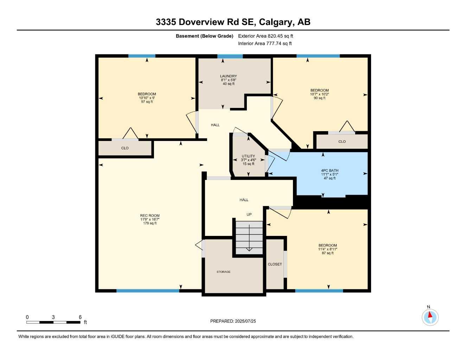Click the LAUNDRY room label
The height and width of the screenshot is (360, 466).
pyautogui.click(x=228, y=76)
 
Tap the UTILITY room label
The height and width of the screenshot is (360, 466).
pyautogui.click(x=248, y=156)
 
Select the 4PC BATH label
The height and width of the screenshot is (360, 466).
pyautogui.click(x=330, y=171)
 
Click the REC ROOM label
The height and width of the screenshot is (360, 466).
pyautogui.click(x=150, y=216)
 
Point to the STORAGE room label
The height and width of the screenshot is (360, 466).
pyautogui.click(x=224, y=272)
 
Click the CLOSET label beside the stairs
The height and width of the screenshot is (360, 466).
pyautogui.click(x=275, y=264)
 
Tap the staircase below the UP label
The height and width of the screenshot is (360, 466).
pyautogui.click(x=249, y=237)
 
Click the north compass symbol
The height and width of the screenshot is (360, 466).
pyautogui.click(x=430, y=317)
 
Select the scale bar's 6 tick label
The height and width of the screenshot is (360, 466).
pyautogui.click(x=80, y=317)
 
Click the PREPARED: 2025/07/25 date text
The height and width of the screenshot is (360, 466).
pyautogui.click(x=233, y=321)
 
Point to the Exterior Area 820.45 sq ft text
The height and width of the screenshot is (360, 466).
pyautogui.click(x=266, y=36)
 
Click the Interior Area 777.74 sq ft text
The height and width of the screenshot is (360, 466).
pyautogui.click(x=265, y=44)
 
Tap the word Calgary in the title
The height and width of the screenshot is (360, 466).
pyautogui.click(x=276, y=22)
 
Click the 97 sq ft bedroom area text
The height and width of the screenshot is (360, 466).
pyautogui.click(x=147, y=102)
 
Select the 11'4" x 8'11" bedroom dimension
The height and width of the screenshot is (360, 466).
pyautogui.click(x=327, y=249)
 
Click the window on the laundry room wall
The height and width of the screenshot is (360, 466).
pyautogui.click(x=230, y=56)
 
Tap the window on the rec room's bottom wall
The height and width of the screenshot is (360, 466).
pyautogui.click(x=148, y=291)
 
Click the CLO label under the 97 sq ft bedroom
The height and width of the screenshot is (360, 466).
pyautogui.click(x=125, y=148)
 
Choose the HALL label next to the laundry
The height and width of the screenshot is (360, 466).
pyautogui.click(x=215, y=125)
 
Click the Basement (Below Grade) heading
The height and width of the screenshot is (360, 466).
pyautogui.click(x=204, y=36)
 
